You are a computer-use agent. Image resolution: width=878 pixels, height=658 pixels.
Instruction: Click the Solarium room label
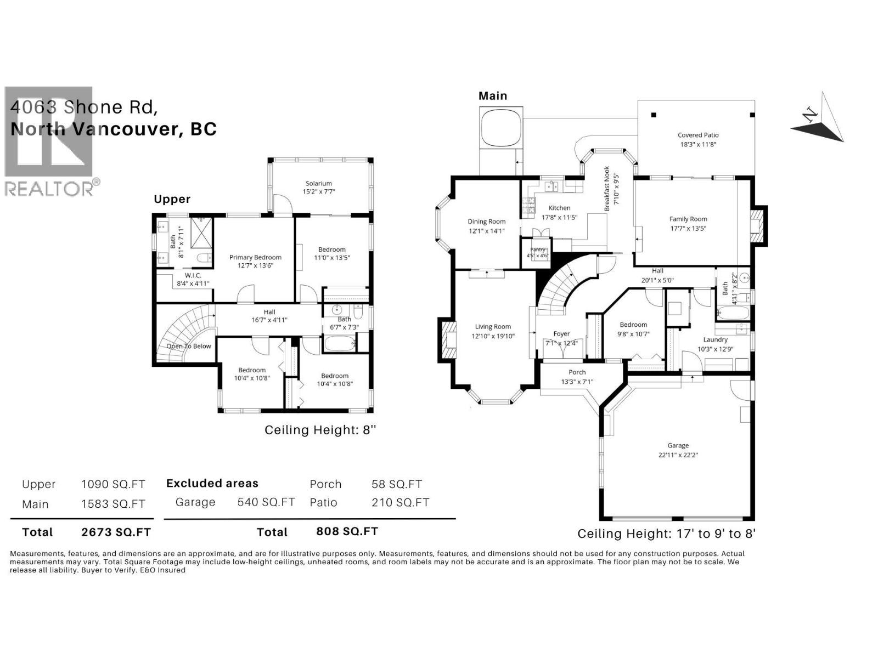[x=318, y=184]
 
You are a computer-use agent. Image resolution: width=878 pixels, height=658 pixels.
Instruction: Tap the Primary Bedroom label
[x=255, y=257]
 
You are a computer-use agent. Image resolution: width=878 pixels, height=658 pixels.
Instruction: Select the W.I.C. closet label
[x=193, y=275]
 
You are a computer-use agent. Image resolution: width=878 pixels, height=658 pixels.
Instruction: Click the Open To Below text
[x=189, y=346]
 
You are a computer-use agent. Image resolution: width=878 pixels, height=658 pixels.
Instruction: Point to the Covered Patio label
[x=698, y=135]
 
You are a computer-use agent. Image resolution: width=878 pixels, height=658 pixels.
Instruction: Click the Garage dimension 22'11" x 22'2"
[x=678, y=455]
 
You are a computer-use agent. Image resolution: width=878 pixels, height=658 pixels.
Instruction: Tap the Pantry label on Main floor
[x=538, y=249]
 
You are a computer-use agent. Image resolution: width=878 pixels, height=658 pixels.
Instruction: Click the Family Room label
[x=688, y=219]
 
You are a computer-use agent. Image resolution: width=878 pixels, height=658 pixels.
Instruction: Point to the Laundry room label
[x=715, y=340]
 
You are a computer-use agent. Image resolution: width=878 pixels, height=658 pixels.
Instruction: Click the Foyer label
[x=561, y=333]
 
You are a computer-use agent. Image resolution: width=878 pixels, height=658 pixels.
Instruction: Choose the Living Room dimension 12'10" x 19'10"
[x=493, y=336]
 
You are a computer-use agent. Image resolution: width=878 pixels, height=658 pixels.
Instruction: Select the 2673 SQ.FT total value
[x=116, y=532]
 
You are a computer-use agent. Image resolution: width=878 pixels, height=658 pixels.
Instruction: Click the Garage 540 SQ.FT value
[x=266, y=502]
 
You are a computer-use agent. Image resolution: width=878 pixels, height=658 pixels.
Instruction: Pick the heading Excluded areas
[x=212, y=483]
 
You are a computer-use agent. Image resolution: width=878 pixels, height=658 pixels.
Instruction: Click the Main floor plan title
[x=493, y=96]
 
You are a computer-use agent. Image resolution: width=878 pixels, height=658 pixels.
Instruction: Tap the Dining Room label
[x=487, y=222]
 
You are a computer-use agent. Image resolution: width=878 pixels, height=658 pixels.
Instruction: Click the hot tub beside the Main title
[x=500, y=128]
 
